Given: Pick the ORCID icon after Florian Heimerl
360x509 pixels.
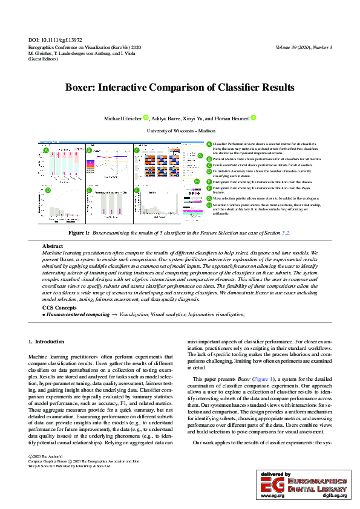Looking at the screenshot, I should point(254,117).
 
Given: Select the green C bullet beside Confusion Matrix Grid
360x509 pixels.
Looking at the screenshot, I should point(209,164).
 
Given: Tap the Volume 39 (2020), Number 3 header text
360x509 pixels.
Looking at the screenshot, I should point(303,47).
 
